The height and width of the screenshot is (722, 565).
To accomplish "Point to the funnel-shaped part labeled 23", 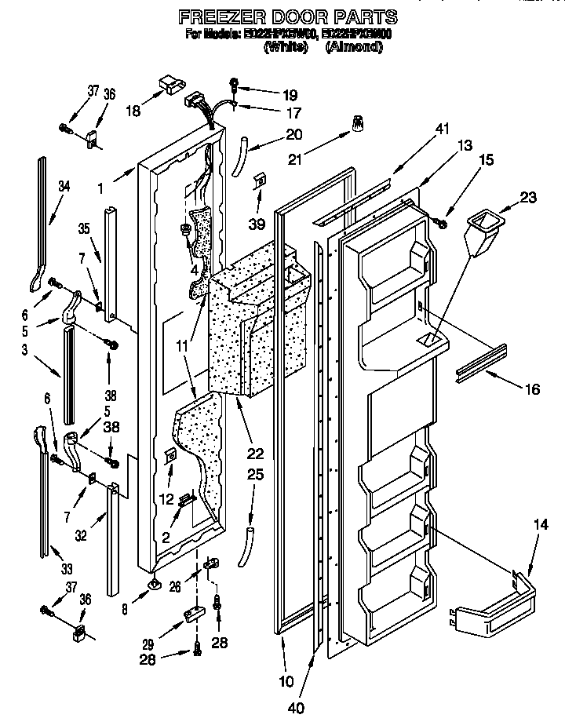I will click(479, 228).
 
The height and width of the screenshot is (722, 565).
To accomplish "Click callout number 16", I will click(530, 388).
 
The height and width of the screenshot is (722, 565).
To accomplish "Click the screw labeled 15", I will click(443, 224).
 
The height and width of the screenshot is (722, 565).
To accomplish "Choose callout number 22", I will click(255, 453).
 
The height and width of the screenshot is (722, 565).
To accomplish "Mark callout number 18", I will click(133, 111).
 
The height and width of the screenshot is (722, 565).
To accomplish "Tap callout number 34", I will click(64, 186).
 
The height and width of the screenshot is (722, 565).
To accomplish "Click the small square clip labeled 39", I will click(259, 183).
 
